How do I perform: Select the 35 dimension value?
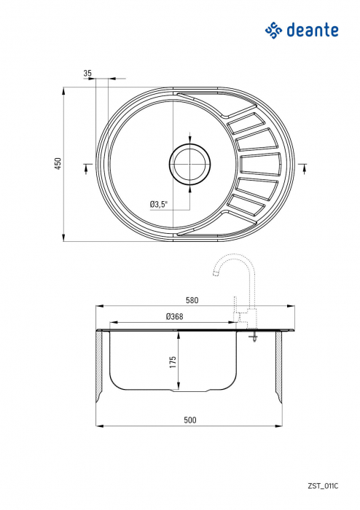pos(87,74)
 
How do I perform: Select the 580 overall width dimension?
pos(192,300)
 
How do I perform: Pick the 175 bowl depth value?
pos(173,362)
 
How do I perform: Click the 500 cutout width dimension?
pos(190,420)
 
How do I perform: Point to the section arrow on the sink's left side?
pos(87,168)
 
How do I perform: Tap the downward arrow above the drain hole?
pos(190,138)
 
